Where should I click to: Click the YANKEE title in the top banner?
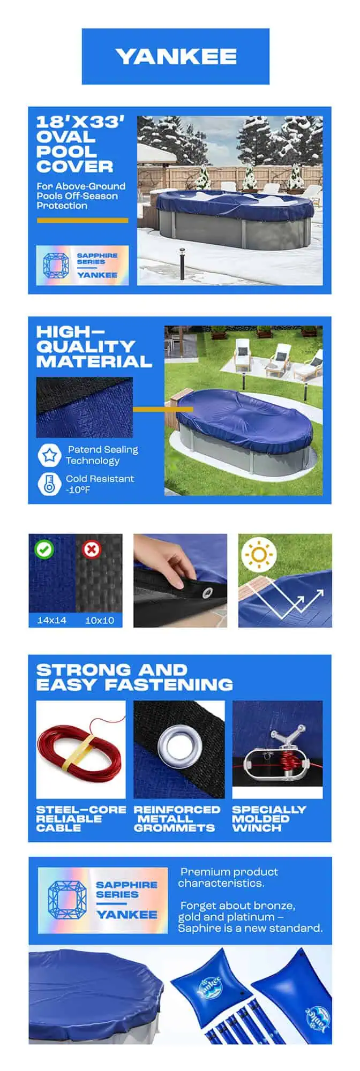point(176,57)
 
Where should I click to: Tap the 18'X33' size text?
point(80,122)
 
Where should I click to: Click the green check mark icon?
point(43,549)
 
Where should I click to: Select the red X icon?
point(91,549)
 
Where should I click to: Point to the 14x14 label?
point(52,620)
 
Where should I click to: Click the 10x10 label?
point(100,620)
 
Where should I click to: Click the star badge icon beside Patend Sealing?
point(50,455)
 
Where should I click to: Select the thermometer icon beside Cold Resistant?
point(50,484)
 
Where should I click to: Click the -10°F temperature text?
point(78,489)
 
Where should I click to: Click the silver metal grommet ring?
point(179,745)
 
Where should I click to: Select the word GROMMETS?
point(174,827)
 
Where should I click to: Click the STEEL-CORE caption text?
point(81,809)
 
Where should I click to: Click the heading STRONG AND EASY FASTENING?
point(134,677)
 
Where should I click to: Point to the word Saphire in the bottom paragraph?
point(199,928)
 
